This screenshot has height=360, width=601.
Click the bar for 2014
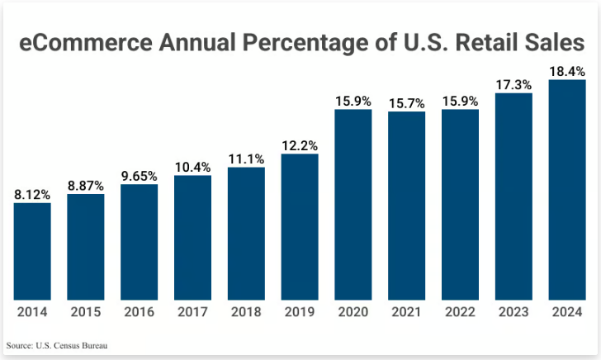[x=32, y=251]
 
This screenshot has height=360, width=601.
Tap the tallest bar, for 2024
[x=567, y=190]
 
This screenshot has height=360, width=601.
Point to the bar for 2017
[x=192, y=237]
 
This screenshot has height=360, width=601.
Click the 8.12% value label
[x=32, y=195]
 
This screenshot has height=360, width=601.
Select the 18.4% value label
[x=567, y=72]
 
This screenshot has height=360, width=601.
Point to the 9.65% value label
[x=140, y=176]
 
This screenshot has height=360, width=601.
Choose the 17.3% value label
[x=513, y=84]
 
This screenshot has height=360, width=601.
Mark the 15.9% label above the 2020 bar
[x=353, y=101]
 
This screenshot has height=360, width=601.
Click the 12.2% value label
[x=300, y=145]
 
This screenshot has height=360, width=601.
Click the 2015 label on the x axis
[x=86, y=312]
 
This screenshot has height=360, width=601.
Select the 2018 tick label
[x=246, y=312]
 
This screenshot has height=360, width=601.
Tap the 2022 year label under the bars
[x=460, y=312]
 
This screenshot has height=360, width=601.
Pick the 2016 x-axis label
[x=140, y=312]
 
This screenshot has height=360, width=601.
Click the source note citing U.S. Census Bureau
[x=56, y=344]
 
